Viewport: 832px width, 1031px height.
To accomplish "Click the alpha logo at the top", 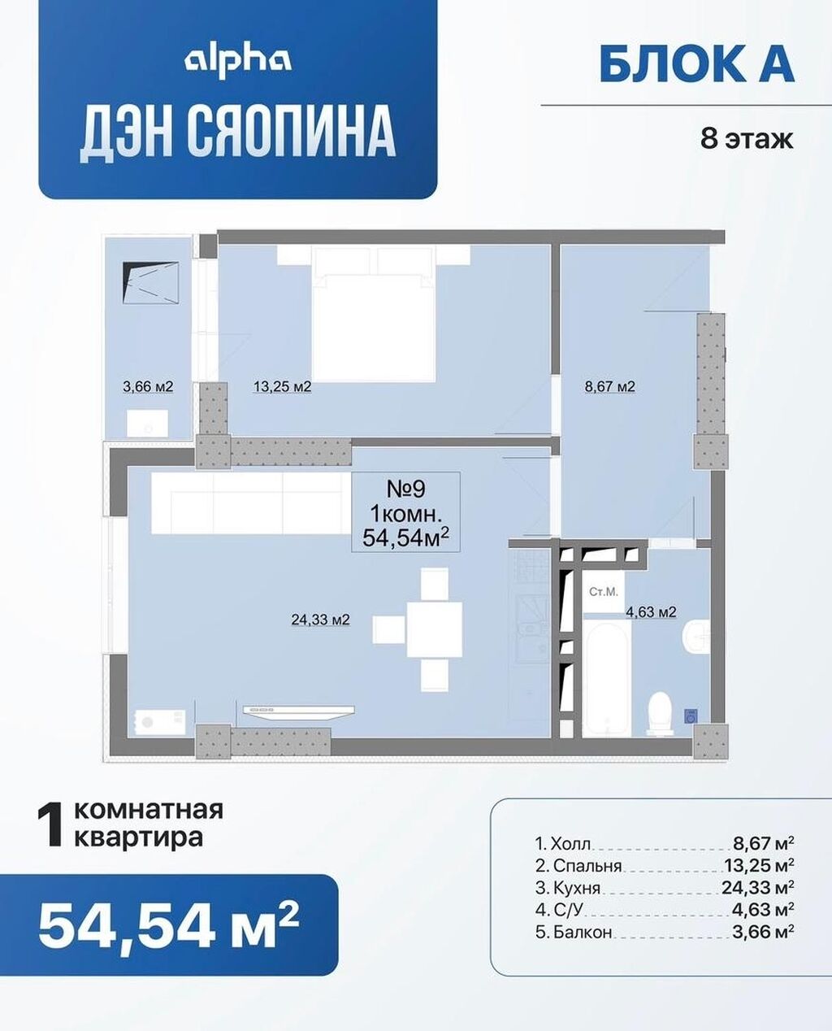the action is (x=237, y=62).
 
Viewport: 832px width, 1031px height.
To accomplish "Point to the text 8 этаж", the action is (x=747, y=139).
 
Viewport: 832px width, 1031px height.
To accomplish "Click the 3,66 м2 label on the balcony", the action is (x=148, y=386).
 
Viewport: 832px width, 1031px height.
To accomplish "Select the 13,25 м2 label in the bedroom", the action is (x=282, y=386).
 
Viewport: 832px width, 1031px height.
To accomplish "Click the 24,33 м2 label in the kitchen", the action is (x=320, y=619).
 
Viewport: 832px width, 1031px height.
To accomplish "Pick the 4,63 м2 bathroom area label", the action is (x=651, y=611).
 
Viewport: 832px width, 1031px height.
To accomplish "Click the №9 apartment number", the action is (x=405, y=489).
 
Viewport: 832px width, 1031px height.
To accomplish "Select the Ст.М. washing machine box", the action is (x=604, y=591).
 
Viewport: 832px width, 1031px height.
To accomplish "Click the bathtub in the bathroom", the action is (x=607, y=679).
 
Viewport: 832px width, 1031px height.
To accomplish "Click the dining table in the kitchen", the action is (x=435, y=629).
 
